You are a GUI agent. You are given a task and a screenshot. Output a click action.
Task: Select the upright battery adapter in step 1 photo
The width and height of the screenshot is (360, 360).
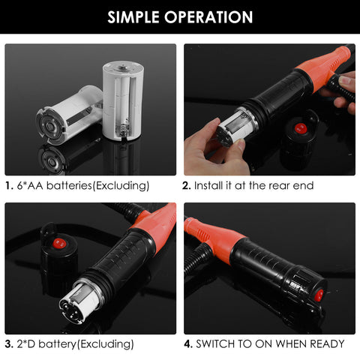pos(124,99)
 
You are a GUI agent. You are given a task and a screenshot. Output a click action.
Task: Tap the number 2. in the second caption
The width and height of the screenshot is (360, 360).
pos(188,185)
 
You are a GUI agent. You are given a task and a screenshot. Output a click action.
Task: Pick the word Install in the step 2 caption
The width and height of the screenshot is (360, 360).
pos(214,185)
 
